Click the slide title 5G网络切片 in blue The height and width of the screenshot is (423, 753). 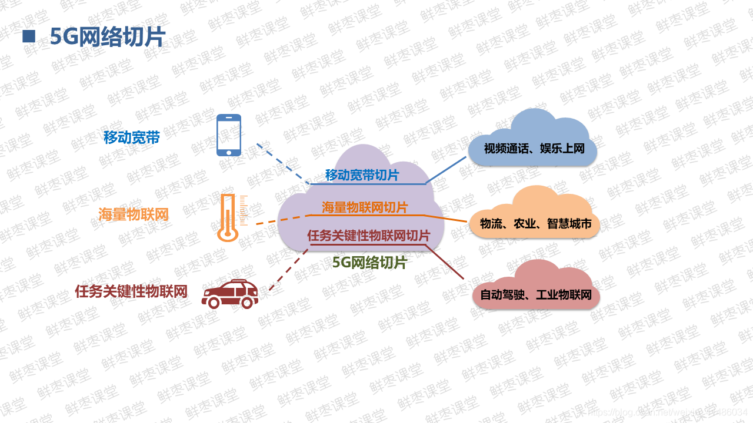108,37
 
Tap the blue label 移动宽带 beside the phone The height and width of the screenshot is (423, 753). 132,137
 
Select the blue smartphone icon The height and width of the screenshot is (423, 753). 229,135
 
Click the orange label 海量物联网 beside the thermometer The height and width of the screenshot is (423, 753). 134,214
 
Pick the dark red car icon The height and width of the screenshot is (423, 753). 230,293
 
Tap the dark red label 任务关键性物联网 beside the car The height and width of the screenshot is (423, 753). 131,291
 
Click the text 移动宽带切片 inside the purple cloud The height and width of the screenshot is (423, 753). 361,175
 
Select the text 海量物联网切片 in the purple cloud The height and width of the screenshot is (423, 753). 365,207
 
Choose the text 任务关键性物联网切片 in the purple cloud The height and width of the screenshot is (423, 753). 368,236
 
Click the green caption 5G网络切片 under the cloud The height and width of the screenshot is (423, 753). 369,263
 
